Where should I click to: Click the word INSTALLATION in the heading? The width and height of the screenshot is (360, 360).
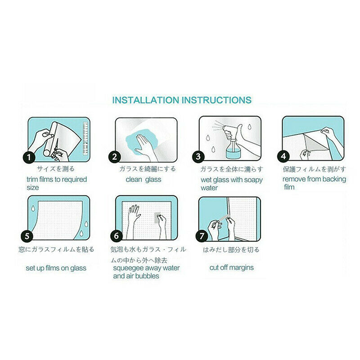[x=145, y=100]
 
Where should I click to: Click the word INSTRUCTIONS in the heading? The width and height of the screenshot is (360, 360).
[x=217, y=100]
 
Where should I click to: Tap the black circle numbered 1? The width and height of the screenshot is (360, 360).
[x=29, y=157]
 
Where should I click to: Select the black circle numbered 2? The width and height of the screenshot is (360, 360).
[x=115, y=157]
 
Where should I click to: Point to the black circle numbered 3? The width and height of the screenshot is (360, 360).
[x=198, y=157]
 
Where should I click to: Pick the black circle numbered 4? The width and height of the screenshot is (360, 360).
[x=284, y=156]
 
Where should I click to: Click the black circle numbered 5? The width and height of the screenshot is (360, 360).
[x=27, y=236]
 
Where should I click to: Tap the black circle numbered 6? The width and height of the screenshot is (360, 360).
[x=117, y=236]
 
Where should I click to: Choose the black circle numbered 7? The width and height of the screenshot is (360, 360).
[x=202, y=236]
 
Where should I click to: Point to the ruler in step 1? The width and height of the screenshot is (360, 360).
[x=85, y=139]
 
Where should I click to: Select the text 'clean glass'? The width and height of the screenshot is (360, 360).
[x=144, y=179]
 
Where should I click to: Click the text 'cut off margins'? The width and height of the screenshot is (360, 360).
[x=232, y=267]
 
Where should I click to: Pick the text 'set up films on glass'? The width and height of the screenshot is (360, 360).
[x=56, y=268]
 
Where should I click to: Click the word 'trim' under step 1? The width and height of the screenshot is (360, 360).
[x=32, y=179]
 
